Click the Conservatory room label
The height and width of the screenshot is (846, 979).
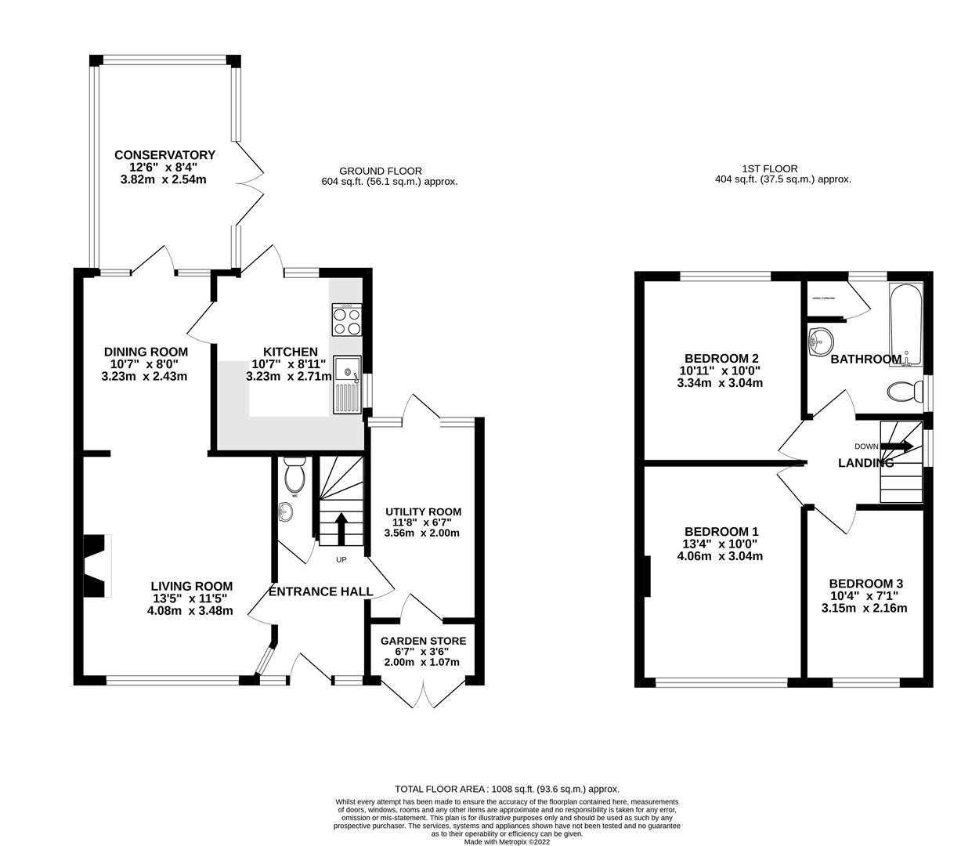tap(164, 155)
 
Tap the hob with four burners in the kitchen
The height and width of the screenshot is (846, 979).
tap(347, 321)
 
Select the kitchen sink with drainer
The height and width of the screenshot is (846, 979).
tap(346, 384)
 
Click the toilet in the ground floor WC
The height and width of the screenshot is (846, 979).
tap(295, 475)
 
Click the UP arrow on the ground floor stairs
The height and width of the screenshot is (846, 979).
tap(341, 528)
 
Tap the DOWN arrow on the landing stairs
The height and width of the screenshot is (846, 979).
tap(898, 446)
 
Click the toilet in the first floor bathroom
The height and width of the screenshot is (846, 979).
tap(905, 390)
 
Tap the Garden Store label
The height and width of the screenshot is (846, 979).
tap(423, 641)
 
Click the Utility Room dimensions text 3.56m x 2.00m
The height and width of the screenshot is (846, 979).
tap(421, 533)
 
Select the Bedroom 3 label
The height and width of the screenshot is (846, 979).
tap(865, 584)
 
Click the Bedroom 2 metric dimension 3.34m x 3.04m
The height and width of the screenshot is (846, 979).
tap(720, 383)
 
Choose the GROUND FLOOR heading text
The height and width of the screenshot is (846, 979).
tap(381, 171)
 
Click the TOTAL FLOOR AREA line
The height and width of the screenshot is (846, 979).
tap(507, 789)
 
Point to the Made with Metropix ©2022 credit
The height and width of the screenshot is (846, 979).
tap(507, 841)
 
